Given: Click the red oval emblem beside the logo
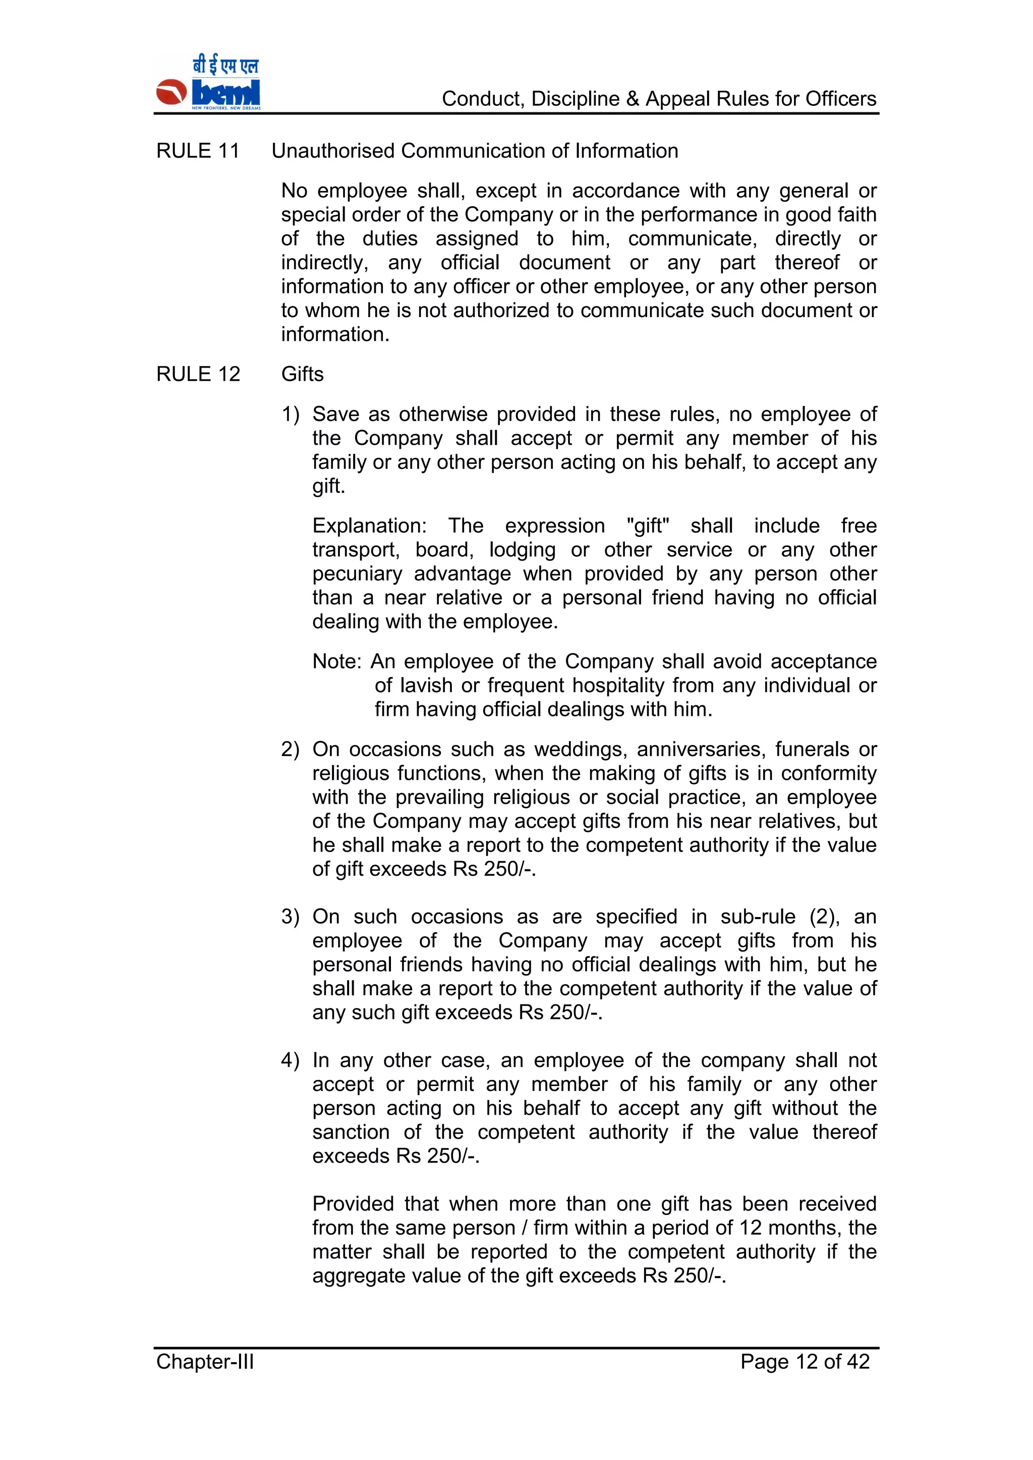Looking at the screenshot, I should tap(171, 93).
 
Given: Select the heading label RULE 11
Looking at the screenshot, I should tap(198, 151).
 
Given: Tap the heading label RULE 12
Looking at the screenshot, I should tap(198, 375).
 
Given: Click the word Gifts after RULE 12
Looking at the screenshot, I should tap(302, 375).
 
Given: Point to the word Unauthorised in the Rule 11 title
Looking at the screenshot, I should tap(333, 151).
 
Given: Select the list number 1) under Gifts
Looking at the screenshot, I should tap(290, 414).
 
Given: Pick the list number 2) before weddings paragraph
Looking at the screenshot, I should tap(290, 750).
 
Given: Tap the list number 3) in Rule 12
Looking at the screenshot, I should tap(290, 917).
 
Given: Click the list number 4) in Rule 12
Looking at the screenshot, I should tap(290, 1061).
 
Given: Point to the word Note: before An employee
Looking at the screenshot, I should tap(336, 662).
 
